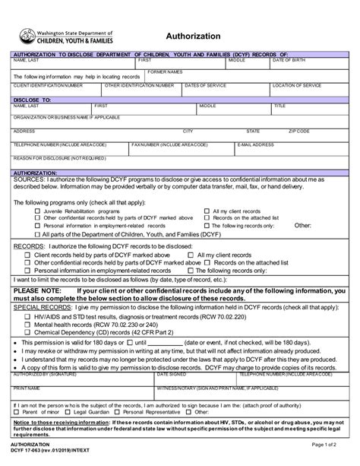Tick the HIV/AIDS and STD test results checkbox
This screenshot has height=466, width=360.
click(x=27, y=315)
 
